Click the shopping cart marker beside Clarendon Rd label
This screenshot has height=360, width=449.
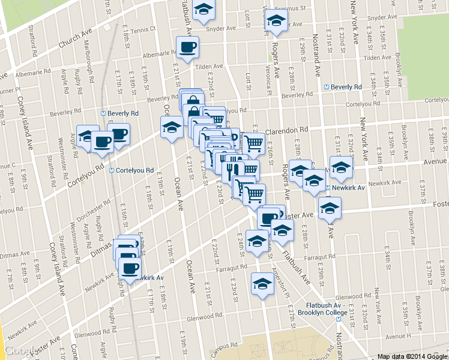[x=254, y=143]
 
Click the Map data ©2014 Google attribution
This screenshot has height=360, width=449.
[x=412, y=356]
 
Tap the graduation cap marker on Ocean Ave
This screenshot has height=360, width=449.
[x=172, y=127]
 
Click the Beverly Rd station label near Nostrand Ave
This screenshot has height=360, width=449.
[x=345, y=87]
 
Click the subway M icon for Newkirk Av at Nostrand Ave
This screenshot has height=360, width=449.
[x=327, y=188]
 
